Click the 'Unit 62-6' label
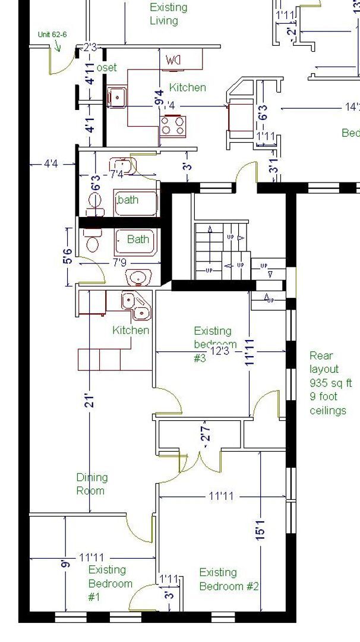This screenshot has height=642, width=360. coord(52,34)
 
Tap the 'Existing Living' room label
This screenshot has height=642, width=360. coord(168,14)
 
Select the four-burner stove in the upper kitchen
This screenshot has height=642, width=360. coord(173,125)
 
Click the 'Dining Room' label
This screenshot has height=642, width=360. coord(91,484)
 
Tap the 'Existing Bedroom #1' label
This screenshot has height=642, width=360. coord(110,583)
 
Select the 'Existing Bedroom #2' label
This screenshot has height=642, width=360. coord(229,579)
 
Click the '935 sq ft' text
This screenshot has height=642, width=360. coord(330,383)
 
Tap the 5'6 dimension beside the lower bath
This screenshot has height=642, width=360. coord(69,257)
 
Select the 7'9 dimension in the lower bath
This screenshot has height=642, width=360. coord(119,262)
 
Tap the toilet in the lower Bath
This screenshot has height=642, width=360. coord(93,242)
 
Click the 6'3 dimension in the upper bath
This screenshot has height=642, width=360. coord(94,182)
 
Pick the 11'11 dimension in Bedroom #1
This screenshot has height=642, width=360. coord(91,558)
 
